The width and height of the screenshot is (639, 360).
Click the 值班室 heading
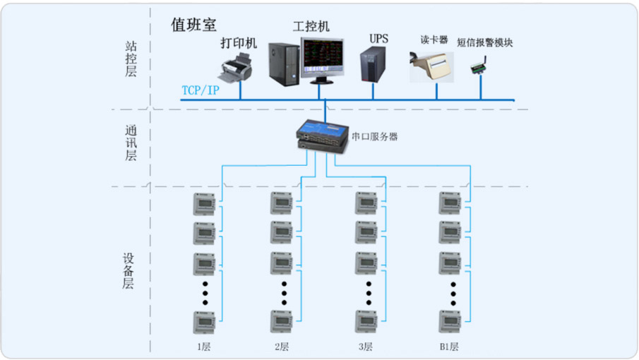coord(193,25)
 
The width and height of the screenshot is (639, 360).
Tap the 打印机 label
coord(239,43)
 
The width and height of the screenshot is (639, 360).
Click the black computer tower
coord(284,64)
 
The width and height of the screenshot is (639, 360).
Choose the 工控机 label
coord(311,27)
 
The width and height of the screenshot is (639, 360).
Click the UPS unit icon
coord(373,64)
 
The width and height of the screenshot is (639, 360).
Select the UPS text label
coord(378,39)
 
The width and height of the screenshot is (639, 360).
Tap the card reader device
coord(431,67)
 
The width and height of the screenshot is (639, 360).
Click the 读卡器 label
coord(434,40)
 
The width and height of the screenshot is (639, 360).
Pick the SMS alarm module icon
coord(479,65)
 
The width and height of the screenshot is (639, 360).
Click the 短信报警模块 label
coord(484,42)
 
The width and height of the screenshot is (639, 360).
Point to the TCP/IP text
coord(201,90)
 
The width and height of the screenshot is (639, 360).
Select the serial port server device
coord(322,136)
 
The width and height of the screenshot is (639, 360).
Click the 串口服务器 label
coord(374,136)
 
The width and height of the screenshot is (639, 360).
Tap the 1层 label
coord(204,347)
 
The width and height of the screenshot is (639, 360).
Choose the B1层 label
coord(448,347)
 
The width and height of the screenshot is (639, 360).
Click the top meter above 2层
coord(282,203)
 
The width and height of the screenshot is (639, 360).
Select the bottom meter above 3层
coord(366,322)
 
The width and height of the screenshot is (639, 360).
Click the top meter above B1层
coord(450,203)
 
